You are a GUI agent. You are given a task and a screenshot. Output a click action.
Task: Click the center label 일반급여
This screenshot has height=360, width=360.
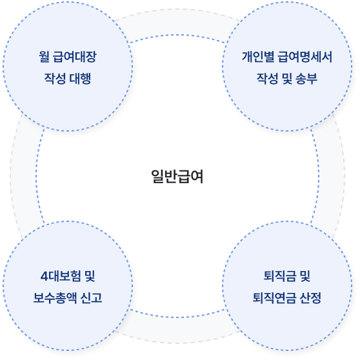click(177, 177)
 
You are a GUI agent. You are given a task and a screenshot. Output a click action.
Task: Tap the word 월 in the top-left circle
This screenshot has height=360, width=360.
click(44, 57)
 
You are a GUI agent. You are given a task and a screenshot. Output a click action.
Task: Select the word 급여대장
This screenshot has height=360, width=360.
click(74, 57)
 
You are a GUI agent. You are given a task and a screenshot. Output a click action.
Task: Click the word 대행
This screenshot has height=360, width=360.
click(80, 78)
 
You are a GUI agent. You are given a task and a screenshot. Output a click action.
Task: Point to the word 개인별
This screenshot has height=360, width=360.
click(258, 57)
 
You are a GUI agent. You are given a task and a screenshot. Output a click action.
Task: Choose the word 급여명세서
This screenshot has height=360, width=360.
click(305, 57)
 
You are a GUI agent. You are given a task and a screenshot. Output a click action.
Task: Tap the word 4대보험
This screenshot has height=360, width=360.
click(61, 276)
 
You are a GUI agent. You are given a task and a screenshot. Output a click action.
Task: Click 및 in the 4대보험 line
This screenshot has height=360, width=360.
click(90, 276)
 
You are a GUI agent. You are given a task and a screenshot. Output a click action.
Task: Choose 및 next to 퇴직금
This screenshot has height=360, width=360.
click(305, 276)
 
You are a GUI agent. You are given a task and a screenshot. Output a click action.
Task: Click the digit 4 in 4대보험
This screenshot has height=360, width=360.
click(44, 276)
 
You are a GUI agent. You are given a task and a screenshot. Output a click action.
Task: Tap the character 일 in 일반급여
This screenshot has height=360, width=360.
click(157, 177)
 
